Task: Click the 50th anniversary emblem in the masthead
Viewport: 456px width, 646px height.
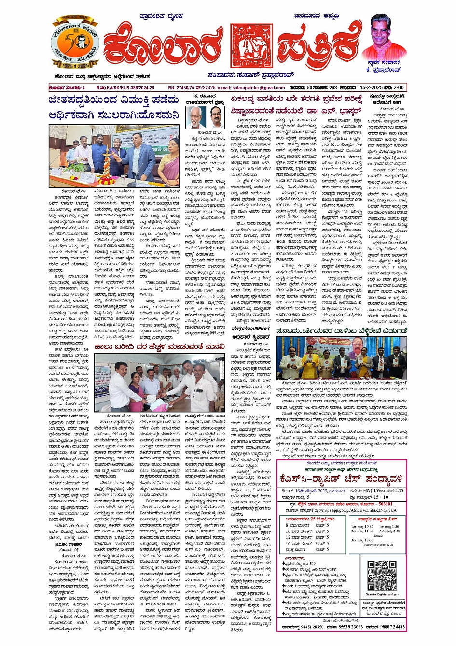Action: point(75,44)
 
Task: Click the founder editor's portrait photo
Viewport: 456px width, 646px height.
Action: point(384,37)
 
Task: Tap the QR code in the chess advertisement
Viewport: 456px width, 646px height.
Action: point(382,574)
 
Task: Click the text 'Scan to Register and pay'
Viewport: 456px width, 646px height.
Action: point(382,595)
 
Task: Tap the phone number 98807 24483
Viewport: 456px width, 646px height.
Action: point(392,627)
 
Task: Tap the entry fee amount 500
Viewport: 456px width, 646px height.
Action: point(312,563)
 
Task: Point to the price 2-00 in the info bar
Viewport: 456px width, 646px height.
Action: point(398,88)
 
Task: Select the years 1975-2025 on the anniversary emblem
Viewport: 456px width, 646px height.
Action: point(75,65)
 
